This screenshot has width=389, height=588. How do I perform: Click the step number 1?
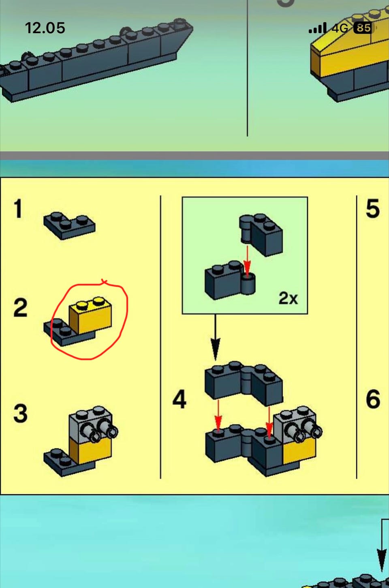point(18,209)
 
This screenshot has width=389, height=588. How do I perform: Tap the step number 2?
point(20,307)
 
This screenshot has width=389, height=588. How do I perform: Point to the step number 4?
point(180,399)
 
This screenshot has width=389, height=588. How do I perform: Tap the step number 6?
point(373,399)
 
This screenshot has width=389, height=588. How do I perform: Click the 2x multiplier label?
point(288,298)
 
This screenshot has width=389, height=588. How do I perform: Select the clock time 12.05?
point(45,28)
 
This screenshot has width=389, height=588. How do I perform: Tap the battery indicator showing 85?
point(363,28)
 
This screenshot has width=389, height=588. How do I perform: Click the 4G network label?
point(340,28)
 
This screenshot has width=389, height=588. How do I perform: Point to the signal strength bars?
point(318,28)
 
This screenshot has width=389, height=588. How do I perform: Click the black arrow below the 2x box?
point(216,337)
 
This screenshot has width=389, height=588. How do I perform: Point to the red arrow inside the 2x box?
point(247,260)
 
